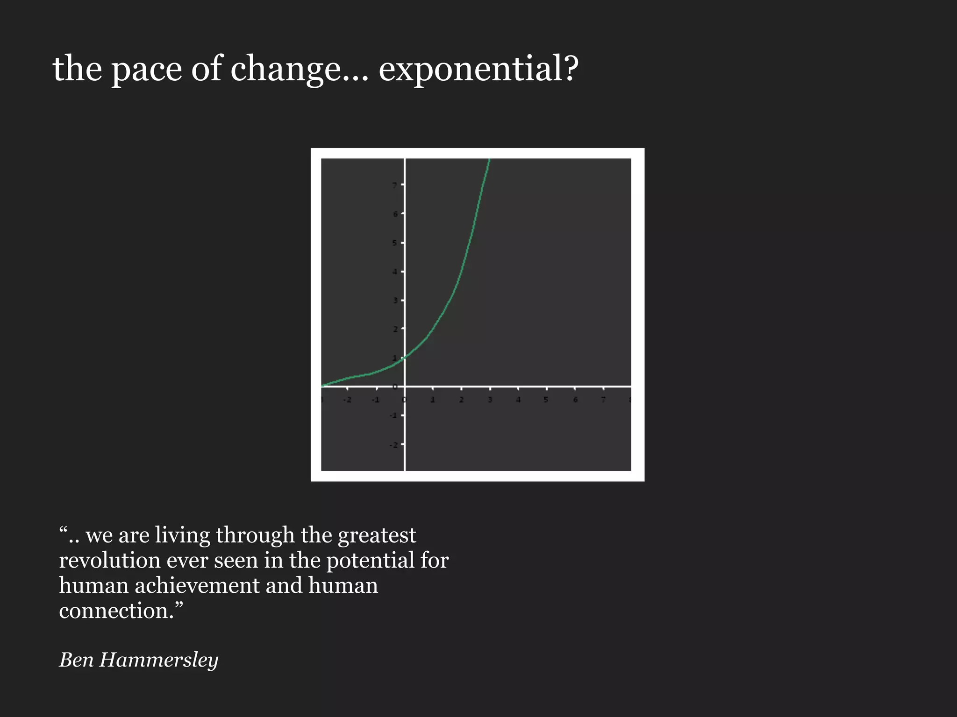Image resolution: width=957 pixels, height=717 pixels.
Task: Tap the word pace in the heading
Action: tap(146, 69)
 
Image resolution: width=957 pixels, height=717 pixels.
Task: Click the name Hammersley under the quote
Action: tap(159, 660)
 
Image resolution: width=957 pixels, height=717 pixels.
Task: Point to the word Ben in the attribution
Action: tap(76, 660)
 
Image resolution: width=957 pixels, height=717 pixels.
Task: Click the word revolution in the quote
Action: tap(110, 560)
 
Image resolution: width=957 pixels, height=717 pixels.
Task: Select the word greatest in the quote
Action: tap(377, 535)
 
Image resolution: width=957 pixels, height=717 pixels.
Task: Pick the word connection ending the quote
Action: tap(117, 611)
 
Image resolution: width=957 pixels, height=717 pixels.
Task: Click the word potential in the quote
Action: tap(370, 560)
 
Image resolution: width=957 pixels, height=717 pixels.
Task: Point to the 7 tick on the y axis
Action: tap(395, 185)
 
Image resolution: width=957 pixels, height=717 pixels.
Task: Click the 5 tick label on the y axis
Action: tap(395, 243)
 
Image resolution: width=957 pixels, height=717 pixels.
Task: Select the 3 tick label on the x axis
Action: tap(490, 400)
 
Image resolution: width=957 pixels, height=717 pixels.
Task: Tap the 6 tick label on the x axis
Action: tap(575, 400)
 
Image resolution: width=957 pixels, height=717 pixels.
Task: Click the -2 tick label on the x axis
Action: tap(347, 400)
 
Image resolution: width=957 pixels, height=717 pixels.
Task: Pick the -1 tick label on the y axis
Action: tap(393, 415)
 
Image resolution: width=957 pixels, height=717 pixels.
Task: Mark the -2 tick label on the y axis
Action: tap(393, 445)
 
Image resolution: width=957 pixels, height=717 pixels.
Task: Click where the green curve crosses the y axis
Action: tap(405, 357)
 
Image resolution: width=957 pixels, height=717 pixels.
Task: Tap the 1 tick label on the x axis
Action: tap(433, 400)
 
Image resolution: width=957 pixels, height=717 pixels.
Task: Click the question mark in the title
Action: tap(571, 69)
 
